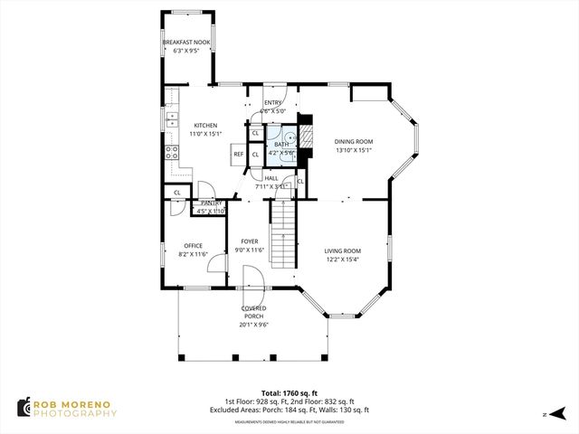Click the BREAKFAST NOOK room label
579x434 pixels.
[x=186, y=42]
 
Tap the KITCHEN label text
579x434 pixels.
[x=204, y=126]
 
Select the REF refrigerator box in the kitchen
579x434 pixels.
[x=239, y=155]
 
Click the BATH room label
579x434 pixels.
[x=282, y=145]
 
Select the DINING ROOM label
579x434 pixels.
[x=353, y=142]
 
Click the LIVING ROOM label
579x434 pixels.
[x=343, y=250]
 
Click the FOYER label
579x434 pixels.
[x=249, y=241]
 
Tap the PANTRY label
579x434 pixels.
[x=210, y=203]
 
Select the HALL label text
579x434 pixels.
[x=271, y=178]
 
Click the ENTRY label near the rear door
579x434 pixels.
[x=272, y=103]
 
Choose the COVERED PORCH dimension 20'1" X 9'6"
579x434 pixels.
[x=253, y=325]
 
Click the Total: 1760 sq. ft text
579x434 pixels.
[x=289, y=392]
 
